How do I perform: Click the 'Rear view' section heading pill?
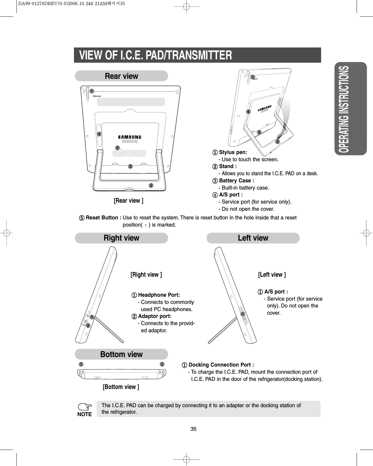point(121,76)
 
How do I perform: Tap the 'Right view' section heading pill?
point(121,238)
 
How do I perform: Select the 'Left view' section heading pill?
point(253,238)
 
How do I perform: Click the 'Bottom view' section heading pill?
point(121,354)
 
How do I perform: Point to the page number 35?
point(194,429)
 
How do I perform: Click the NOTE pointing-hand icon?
point(85,407)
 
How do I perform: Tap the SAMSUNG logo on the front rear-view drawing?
point(130,137)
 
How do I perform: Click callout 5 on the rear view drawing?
point(117,148)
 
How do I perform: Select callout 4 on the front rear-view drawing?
point(99,134)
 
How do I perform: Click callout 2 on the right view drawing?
point(88,325)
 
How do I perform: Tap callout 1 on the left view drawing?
point(243,314)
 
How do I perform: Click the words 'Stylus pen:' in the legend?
point(233,152)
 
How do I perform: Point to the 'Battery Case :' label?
point(236,181)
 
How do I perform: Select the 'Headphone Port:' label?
point(159,295)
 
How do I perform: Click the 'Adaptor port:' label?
point(155,316)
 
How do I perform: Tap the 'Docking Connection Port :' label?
point(221,365)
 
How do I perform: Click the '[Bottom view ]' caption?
point(121,387)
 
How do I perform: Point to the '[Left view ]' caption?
point(272,275)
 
